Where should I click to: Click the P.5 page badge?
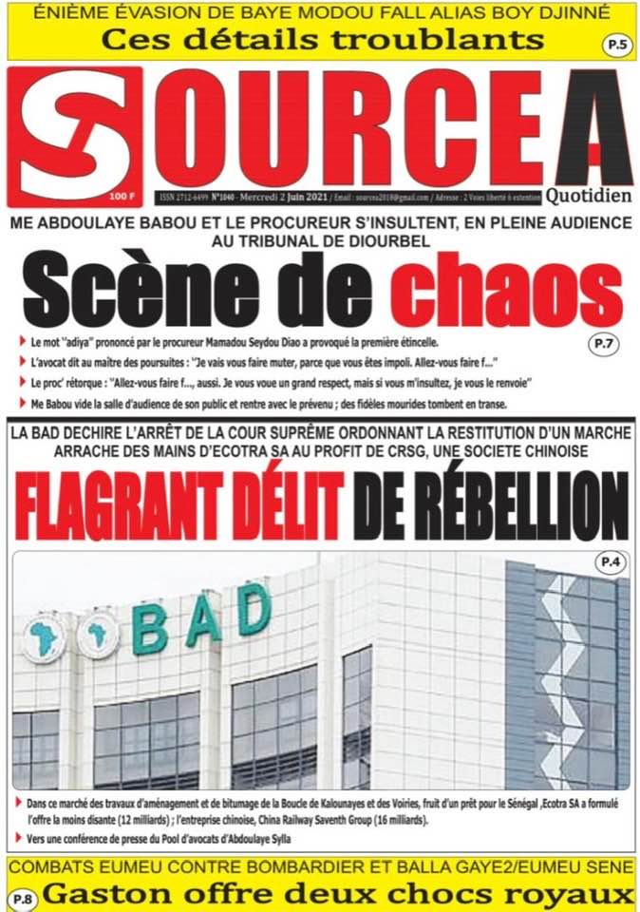click(x=615, y=44)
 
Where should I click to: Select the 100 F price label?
click(x=122, y=196)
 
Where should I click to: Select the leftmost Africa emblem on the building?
click(x=42, y=639)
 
